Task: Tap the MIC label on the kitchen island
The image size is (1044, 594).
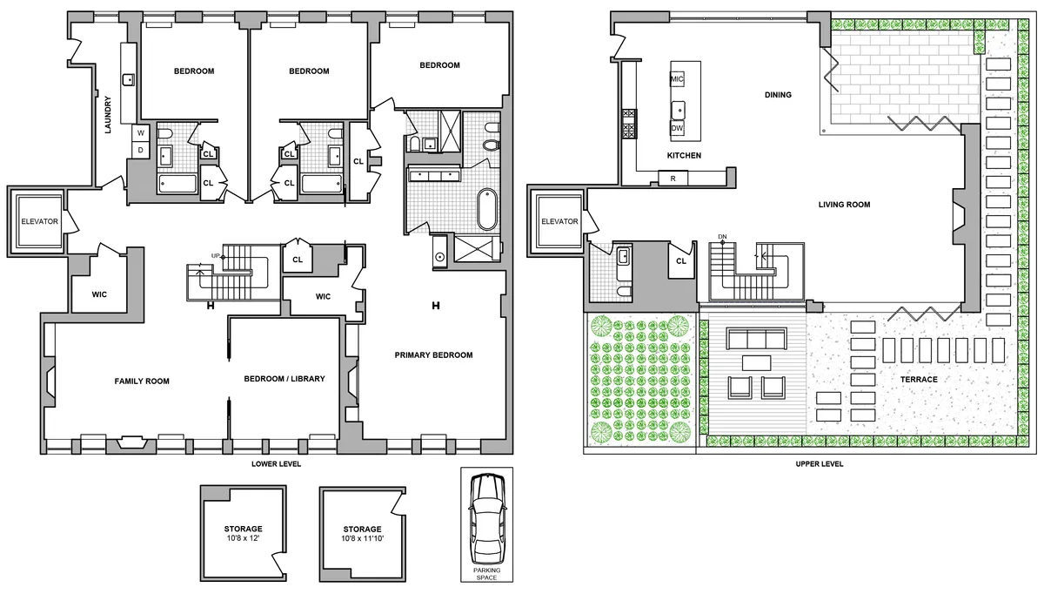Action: point(678,79)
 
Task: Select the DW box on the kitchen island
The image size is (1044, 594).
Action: point(678,127)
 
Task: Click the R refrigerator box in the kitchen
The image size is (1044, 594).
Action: point(673,179)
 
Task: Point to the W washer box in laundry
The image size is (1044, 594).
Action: point(139,133)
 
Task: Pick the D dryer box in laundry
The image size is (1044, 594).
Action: point(139,150)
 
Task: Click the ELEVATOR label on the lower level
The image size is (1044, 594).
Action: point(39,221)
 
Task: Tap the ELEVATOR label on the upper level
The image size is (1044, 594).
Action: point(559,221)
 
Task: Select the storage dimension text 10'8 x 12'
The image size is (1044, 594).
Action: point(242,539)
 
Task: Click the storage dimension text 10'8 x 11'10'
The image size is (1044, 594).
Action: point(362,539)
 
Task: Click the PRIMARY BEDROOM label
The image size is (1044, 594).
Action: point(433,354)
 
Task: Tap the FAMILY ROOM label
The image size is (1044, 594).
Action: point(142,381)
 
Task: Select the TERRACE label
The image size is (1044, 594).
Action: point(919,380)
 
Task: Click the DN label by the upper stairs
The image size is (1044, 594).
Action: point(722,236)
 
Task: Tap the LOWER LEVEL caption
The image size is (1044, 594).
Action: point(276,464)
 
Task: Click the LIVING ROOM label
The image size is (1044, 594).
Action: point(844,205)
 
